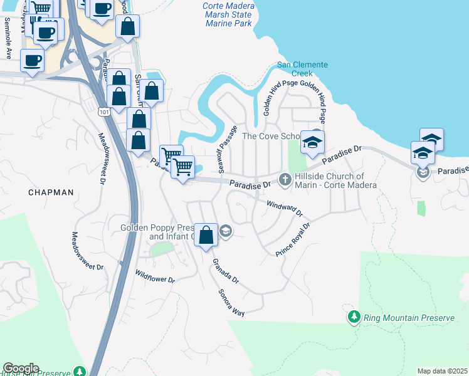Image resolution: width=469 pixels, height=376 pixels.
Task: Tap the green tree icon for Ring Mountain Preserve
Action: pyautogui.click(x=354, y=317)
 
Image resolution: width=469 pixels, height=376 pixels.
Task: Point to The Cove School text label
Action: pyautogui.click(x=270, y=136)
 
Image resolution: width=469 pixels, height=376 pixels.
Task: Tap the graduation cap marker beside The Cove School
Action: pyautogui.click(x=312, y=143)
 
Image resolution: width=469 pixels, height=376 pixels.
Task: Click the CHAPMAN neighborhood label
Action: pyautogui.click(x=51, y=193)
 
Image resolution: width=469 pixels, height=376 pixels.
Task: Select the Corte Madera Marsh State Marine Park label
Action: pyautogui.click(x=228, y=14)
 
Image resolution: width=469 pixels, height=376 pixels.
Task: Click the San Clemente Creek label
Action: pyautogui.click(x=303, y=69)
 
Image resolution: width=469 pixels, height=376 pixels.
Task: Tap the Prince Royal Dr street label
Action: pyautogui.click(x=293, y=239)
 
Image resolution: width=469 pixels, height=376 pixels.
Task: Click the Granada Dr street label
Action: pyautogui.click(x=225, y=271)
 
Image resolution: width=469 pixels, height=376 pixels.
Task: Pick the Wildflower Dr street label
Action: pyautogui.click(x=155, y=276)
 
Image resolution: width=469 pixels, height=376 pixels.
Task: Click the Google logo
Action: pyautogui.click(x=21, y=368)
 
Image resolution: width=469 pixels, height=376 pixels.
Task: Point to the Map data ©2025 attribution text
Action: pyautogui.click(x=441, y=371)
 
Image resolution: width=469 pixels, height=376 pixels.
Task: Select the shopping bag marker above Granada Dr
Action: pyautogui.click(x=206, y=236)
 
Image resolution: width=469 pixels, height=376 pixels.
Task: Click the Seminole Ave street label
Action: pyautogui.click(x=8, y=38)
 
